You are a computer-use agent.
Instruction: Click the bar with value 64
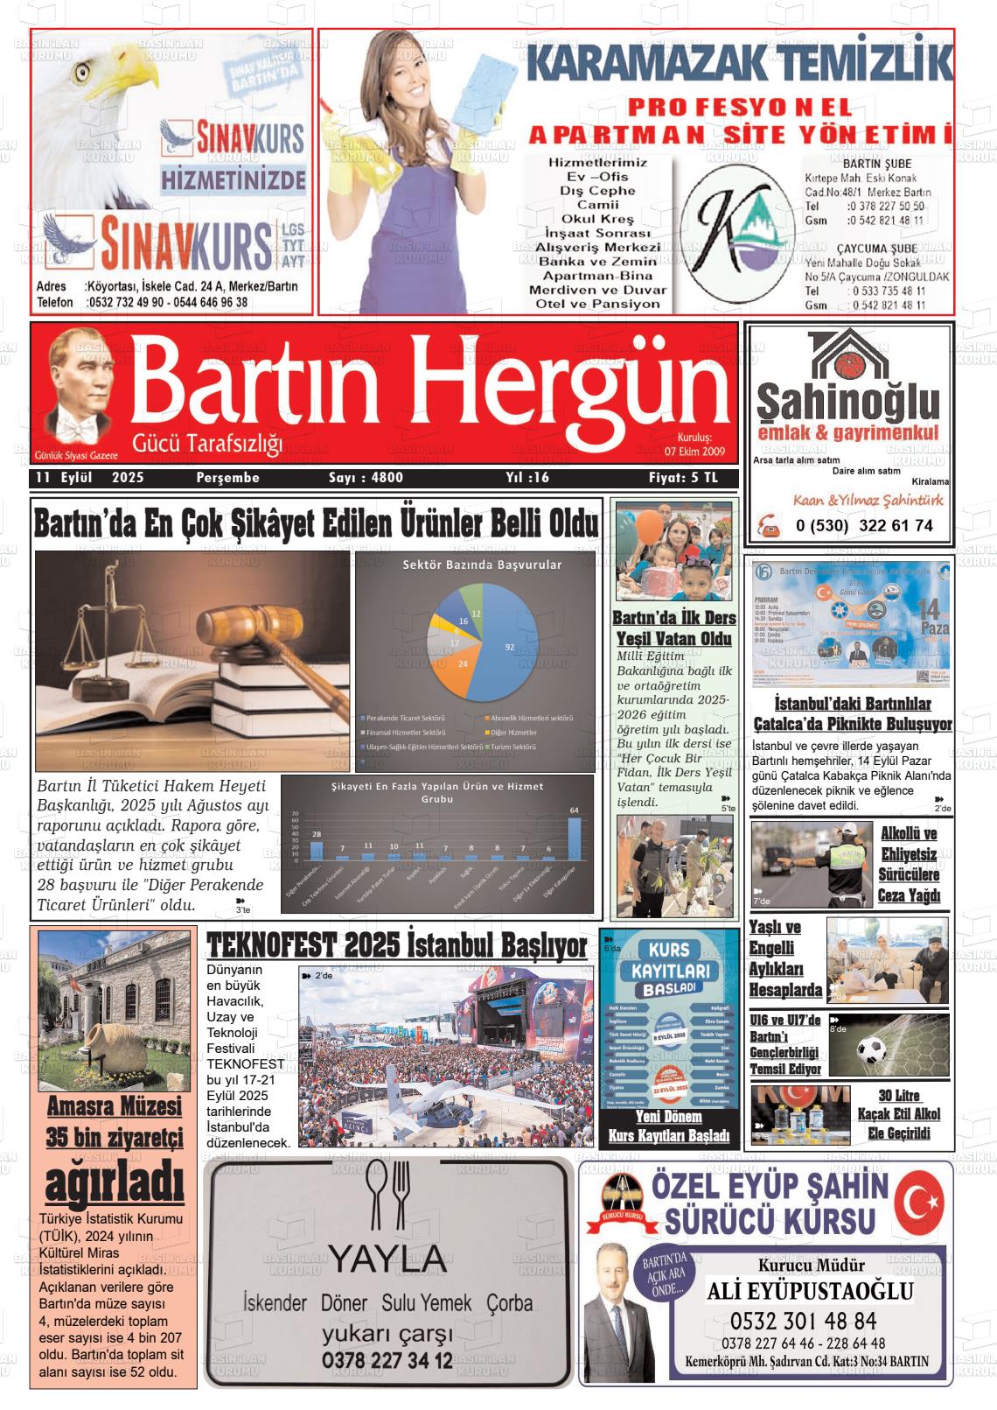tap(574, 838)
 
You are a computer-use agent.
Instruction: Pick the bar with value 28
tap(317, 850)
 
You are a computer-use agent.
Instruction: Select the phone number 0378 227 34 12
tap(387, 1360)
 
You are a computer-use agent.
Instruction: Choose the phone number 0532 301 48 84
tap(802, 1321)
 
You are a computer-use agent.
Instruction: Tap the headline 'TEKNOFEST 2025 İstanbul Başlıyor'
tap(397, 946)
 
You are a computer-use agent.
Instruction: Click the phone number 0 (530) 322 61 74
tap(864, 526)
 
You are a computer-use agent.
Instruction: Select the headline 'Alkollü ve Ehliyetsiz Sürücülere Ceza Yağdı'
tap(910, 864)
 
